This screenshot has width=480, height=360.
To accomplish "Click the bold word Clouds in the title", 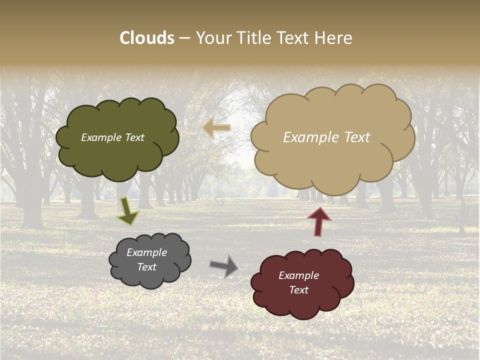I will (147, 38).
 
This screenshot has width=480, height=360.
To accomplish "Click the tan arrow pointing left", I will (217, 128).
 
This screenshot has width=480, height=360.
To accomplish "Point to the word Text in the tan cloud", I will (354, 137).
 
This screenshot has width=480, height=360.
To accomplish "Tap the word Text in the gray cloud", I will (147, 267).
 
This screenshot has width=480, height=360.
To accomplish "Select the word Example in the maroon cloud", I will (298, 275).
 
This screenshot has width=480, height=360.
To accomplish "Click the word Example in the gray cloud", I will (147, 252).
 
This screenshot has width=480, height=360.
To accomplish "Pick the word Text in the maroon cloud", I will (298, 290).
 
